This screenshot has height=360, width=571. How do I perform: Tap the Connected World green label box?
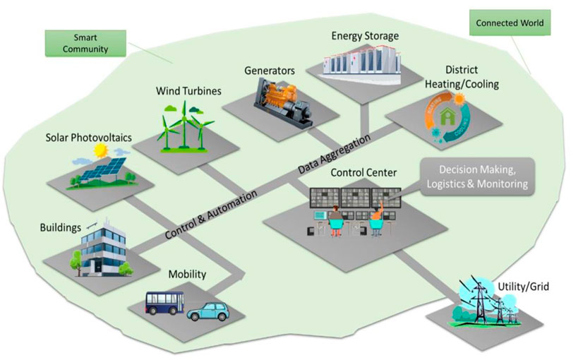510,23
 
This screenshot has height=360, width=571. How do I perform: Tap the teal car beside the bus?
210,310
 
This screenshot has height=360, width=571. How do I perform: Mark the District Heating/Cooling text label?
471,77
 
